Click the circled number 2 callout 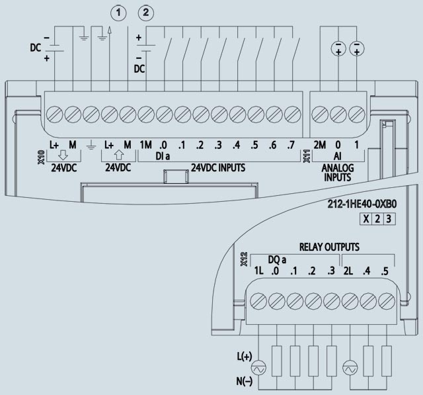146,11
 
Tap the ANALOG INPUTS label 337,173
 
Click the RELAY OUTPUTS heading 329,247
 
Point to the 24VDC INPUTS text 218,167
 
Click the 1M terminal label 146,145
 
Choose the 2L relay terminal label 350,271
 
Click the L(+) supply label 244,357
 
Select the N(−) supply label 244,382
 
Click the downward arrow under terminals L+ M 63,155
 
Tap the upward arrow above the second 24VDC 118,155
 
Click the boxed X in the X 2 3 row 365,219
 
